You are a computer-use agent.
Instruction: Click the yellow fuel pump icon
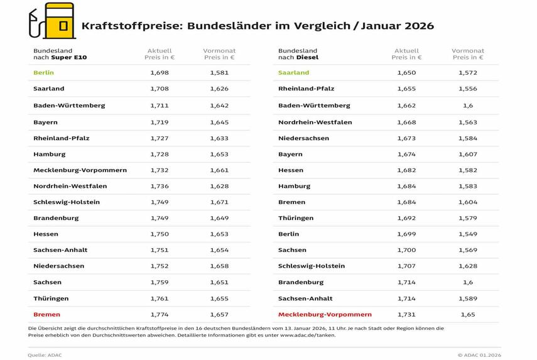pyautogui.click(x=57, y=22)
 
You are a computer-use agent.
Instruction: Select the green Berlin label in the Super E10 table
pyautogui.click(x=43, y=73)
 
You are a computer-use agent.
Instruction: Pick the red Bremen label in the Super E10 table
pyautogui.click(x=46, y=314)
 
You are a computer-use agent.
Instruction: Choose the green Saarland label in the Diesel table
pyautogui.click(x=294, y=73)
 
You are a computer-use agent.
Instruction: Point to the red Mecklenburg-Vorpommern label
pyautogui.click(x=325, y=314)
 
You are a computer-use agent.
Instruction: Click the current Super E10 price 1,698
pyautogui.click(x=160, y=73)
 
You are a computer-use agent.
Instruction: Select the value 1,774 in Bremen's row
pyautogui.click(x=160, y=314)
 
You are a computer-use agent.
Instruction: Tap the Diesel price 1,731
pyautogui.click(x=406, y=314)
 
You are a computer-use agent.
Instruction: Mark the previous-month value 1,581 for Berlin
pyautogui.click(x=219, y=73)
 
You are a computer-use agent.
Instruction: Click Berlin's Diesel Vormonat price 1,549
pyautogui.click(x=468, y=234)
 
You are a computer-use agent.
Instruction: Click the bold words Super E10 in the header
pyautogui.click(x=73, y=58)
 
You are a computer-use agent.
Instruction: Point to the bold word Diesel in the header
pyautogui.click(x=307, y=58)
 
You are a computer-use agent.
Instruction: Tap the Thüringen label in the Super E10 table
pyautogui.click(x=51, y=298)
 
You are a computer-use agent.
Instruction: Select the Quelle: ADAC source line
pyautogui.click(x=45, y=355)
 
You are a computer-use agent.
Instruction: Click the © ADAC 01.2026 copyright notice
pyautogui.click(x=479, y=355)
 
